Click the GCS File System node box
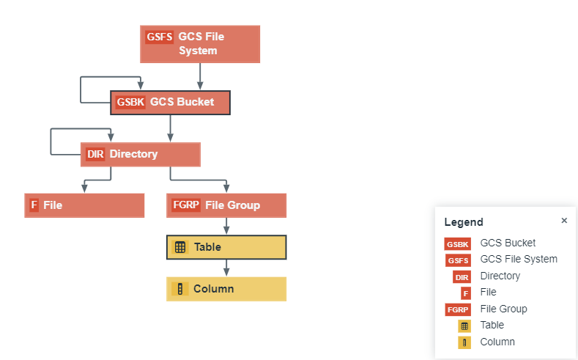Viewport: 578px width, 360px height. (200, 44)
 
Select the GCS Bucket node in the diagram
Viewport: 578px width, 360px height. (171, 103)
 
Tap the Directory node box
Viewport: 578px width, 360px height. (140, 155)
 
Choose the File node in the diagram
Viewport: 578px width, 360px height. (84, 205)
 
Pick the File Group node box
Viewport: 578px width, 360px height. (226, 205)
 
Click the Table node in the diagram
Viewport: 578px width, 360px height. (226, 247)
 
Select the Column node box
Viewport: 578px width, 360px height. (226, 289)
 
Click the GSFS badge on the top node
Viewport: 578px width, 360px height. (160, 37)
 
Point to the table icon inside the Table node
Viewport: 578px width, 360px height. (180, 248)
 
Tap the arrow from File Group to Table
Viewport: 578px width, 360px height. (226, 227)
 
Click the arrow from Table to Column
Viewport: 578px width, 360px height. (226, 268)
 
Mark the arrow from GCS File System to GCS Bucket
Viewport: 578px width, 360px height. (200, 76)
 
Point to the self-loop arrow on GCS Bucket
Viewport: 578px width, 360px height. (81, 89)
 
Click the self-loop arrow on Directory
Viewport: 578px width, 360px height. (51, 142)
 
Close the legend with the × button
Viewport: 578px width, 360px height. (564, 220)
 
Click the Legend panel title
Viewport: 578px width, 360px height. (464, 222)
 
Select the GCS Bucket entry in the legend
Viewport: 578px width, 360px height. (508, 243)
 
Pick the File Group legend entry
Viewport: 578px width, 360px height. (503, 309)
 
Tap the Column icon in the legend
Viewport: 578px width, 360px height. (464, 342)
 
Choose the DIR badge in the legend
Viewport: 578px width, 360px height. (462, 276)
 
